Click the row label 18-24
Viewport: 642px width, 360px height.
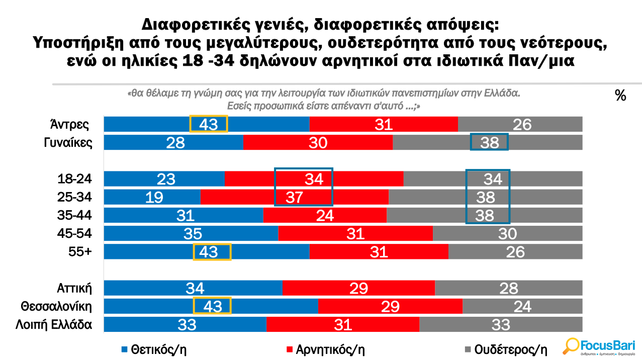pos(76,179)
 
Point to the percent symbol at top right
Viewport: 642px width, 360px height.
pos(620,96)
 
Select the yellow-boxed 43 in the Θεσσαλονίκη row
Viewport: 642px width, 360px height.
pos(212,306)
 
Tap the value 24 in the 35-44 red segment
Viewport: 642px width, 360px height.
pos(324,215)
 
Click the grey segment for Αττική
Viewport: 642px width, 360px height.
pos(508,288)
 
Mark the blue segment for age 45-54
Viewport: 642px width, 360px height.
pos(191,233)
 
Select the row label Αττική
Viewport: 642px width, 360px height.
pos(75,288)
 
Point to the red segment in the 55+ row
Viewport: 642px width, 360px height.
pos(378,251)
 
